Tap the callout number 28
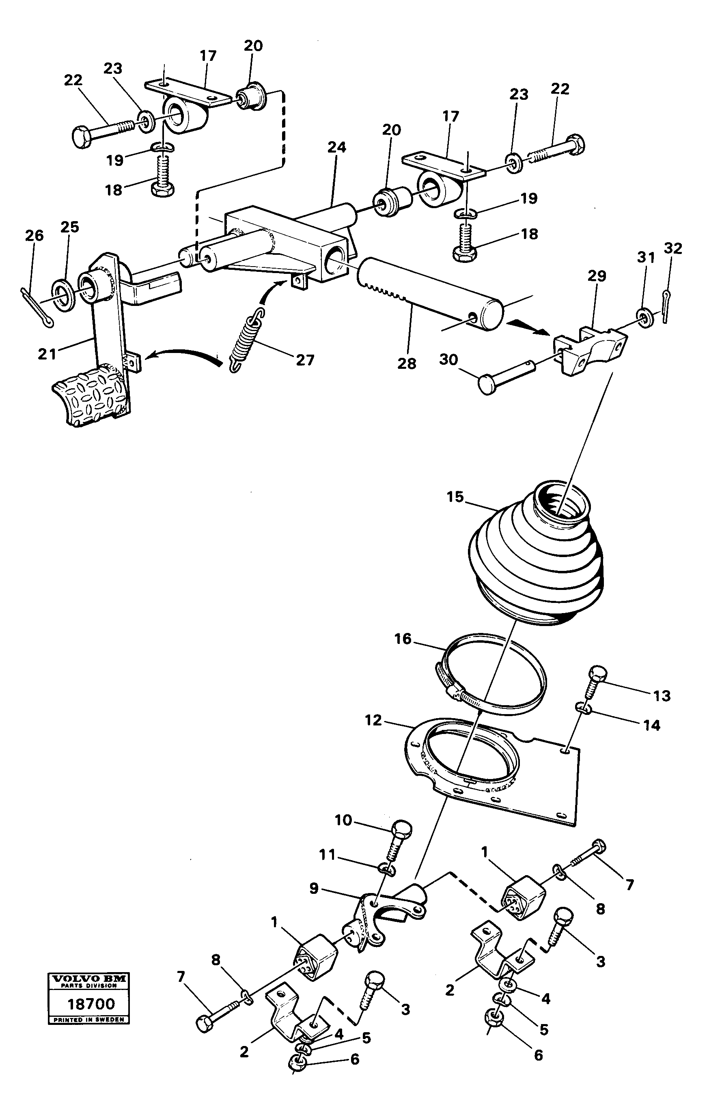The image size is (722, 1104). pos(407,363)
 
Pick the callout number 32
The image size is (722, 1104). pos(673,249)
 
